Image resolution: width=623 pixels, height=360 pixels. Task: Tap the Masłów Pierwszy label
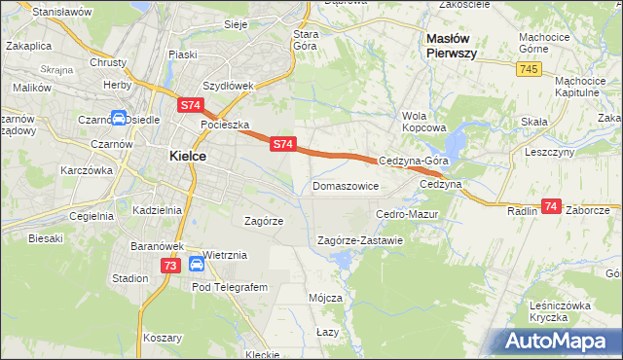(x=451, y=46)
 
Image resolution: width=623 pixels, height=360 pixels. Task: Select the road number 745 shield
(x=529, y=68)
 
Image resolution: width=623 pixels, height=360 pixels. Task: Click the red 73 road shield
(x=171, y=265)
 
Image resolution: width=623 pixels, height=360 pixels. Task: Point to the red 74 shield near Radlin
(x=552, y=206)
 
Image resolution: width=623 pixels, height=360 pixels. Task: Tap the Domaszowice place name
(x=346, y=185)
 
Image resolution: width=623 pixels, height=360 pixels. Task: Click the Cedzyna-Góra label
(x=413, y=162)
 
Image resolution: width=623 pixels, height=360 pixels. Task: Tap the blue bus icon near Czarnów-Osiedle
(x=118, y=121)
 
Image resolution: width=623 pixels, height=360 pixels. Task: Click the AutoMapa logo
(x=561, y=340)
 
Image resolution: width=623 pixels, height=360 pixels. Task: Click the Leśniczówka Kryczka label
(x=562, y=311)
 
